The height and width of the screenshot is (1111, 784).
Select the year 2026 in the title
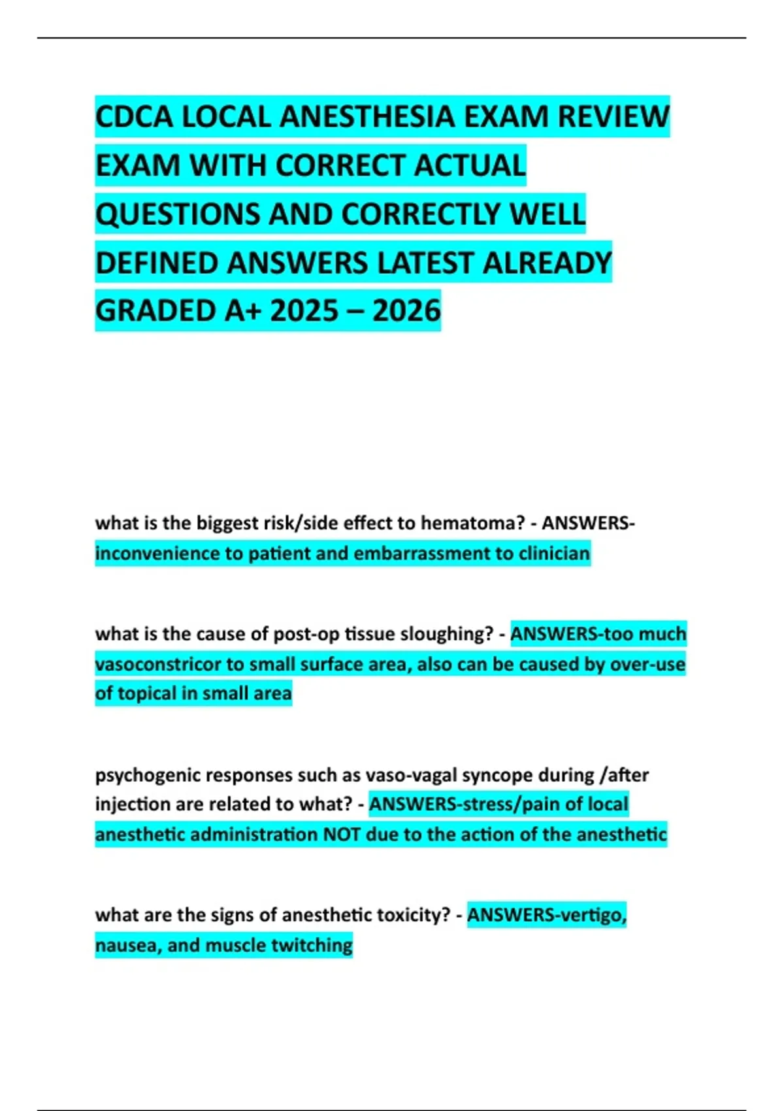point(406,311)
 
